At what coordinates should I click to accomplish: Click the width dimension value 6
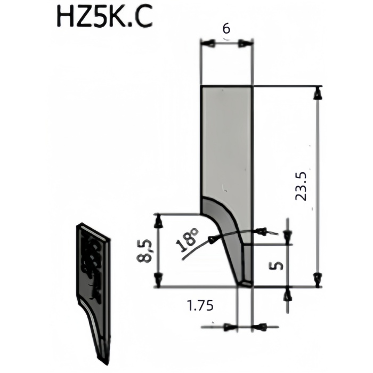pos(226,29)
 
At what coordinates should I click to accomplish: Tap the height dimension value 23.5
pos(301,186)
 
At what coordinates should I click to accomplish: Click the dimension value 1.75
pos(200,305)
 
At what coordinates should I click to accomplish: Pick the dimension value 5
pos(276,265)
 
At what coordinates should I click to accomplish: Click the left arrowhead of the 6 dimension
pos(209,44)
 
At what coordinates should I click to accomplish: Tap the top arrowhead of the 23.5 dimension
pos(318,94)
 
